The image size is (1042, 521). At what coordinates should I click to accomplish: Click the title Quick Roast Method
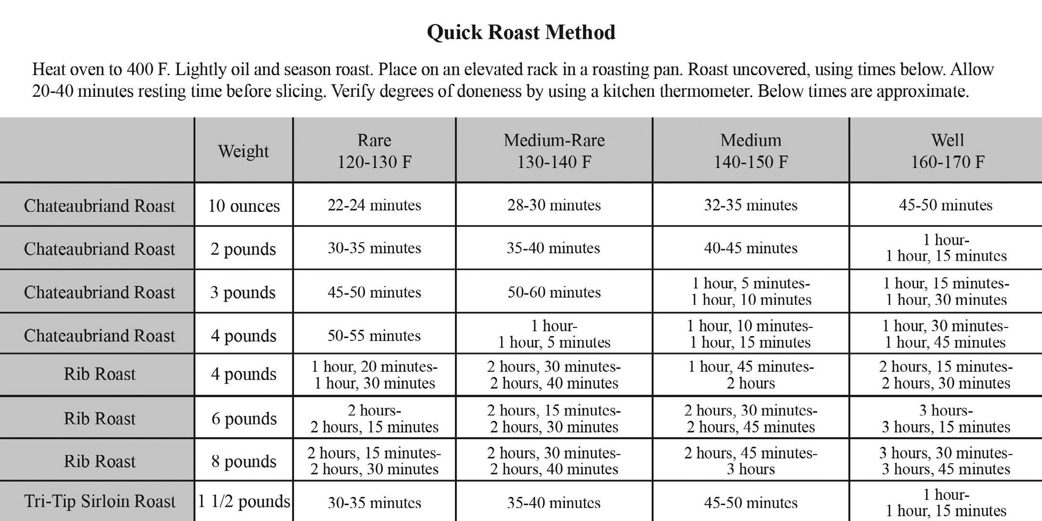tap(521, 32)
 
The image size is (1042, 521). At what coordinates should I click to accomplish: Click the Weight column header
tap(243, 151)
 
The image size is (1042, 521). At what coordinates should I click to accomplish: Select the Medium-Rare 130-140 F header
tap(554, 151)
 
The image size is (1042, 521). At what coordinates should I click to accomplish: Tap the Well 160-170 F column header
tap(947, 151)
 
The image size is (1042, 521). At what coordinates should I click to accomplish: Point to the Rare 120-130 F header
tap(374, 151)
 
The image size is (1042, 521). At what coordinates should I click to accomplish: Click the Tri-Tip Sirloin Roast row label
tap(100, 501)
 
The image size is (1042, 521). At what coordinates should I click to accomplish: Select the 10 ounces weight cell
tap(244, 206)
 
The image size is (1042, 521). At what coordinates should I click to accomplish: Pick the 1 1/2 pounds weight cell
tap(244, 501)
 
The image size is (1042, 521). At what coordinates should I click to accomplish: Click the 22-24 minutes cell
tap(374, 205)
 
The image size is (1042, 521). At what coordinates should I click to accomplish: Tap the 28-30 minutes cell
tap(554, 205)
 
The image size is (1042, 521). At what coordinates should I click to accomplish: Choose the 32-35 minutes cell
tap(751, 205)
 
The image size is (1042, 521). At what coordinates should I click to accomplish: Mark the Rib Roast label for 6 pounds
tap(100, 418)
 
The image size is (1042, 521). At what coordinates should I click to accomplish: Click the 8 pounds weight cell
tap(244, 461)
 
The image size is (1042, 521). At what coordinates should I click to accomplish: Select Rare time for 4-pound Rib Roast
tap(374, 375)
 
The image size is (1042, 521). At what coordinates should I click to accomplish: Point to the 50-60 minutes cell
tap(554, 292)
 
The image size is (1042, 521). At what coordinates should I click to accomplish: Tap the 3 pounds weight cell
tap(243, 292)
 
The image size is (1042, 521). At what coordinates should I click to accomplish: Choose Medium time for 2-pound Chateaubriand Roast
tap(751, 248)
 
